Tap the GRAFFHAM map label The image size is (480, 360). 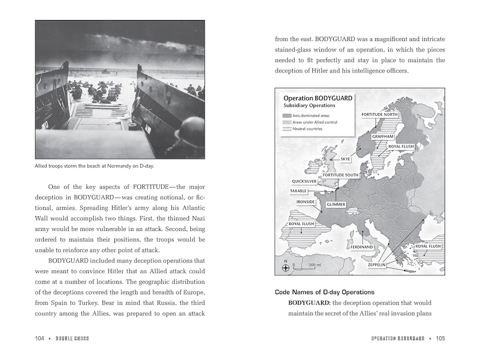coord(383,137)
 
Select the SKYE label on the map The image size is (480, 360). coord(345,159)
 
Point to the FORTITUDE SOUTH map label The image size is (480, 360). coord(340,175)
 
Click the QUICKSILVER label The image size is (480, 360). coord(307,181)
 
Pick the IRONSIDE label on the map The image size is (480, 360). coord(304,202)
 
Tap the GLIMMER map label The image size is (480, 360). coord(336,204)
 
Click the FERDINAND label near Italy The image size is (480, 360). coord(361,246)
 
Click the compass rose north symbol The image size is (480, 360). coord(286,266)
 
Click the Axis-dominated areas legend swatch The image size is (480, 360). coord(287,115)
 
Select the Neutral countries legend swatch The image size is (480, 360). coord(287,128)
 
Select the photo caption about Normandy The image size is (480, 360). coord(95,166)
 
